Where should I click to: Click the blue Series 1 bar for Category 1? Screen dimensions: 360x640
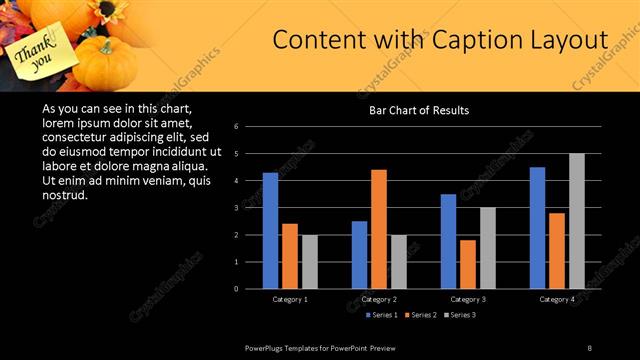tap(270, 231)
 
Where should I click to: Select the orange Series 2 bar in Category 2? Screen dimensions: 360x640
tap(378, 229)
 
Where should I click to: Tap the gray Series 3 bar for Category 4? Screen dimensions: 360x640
tap(576, 221)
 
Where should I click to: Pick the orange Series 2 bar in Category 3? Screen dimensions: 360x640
tap(467, 264)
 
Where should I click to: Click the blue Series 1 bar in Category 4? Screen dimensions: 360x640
tap(537, 228)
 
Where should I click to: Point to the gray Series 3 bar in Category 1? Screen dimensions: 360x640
tap(310, 262)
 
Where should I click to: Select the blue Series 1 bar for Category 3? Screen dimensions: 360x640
tap(448, 241)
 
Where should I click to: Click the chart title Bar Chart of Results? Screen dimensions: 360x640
tap(419, 110)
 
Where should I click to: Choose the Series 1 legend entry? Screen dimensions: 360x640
tap(381, 315)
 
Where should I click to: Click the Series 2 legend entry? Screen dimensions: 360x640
tap(420, 315)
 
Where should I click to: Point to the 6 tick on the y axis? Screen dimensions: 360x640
tap(235, 127)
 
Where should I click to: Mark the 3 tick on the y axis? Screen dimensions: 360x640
tap(235, 208)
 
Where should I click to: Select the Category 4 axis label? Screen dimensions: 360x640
tap(557, 299)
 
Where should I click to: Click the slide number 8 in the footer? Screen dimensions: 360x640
tap(589, 347)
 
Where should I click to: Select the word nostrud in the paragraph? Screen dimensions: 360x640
tap(65, 193)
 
